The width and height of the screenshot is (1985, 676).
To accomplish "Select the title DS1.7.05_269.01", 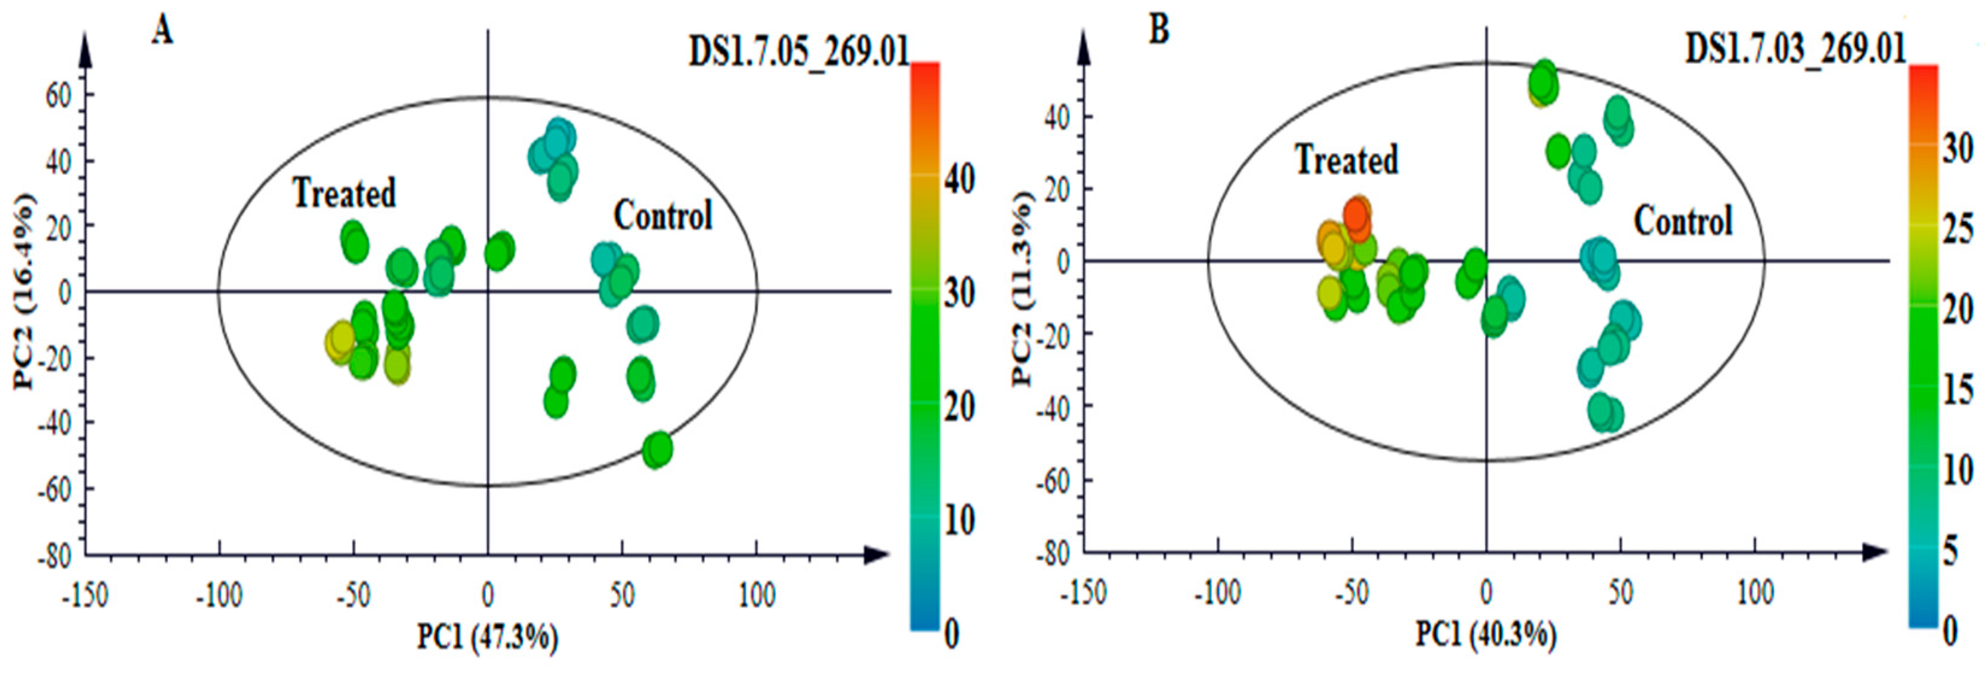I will (x=798, y=52).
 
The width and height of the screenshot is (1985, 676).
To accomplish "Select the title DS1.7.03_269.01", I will (x=1795, y=49).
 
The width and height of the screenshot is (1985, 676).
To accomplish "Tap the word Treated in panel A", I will (x=344, y=193).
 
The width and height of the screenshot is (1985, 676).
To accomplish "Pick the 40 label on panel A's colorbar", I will (x=959, y=179).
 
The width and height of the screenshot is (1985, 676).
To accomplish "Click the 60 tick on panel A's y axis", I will (x=58, y=96).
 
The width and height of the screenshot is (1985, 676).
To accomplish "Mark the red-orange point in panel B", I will (x=1357, y=215).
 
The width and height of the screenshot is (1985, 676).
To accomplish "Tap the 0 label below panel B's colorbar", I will (x=1949, y=631).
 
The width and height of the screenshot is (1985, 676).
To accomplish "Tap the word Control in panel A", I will (x=663, y=216).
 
